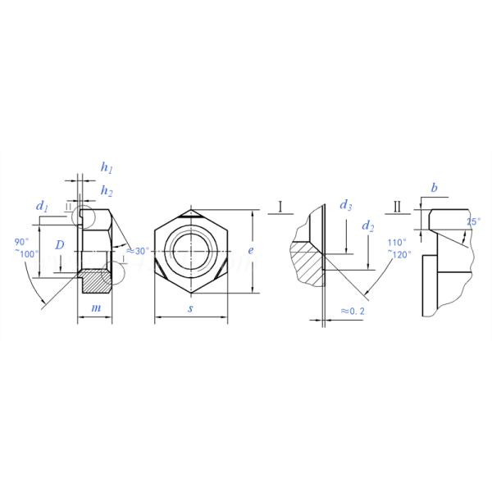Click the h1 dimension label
click(107, 168)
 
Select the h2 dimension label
click(107, 191)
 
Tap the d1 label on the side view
click(42, 207)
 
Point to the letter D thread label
click(60, 245)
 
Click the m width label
click(96, 308)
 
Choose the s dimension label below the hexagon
click(190, 308)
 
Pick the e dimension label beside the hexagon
click(250, 250)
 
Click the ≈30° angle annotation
click(138, 251)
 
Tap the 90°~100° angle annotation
click(26, 248)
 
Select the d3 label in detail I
click(346, 206)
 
